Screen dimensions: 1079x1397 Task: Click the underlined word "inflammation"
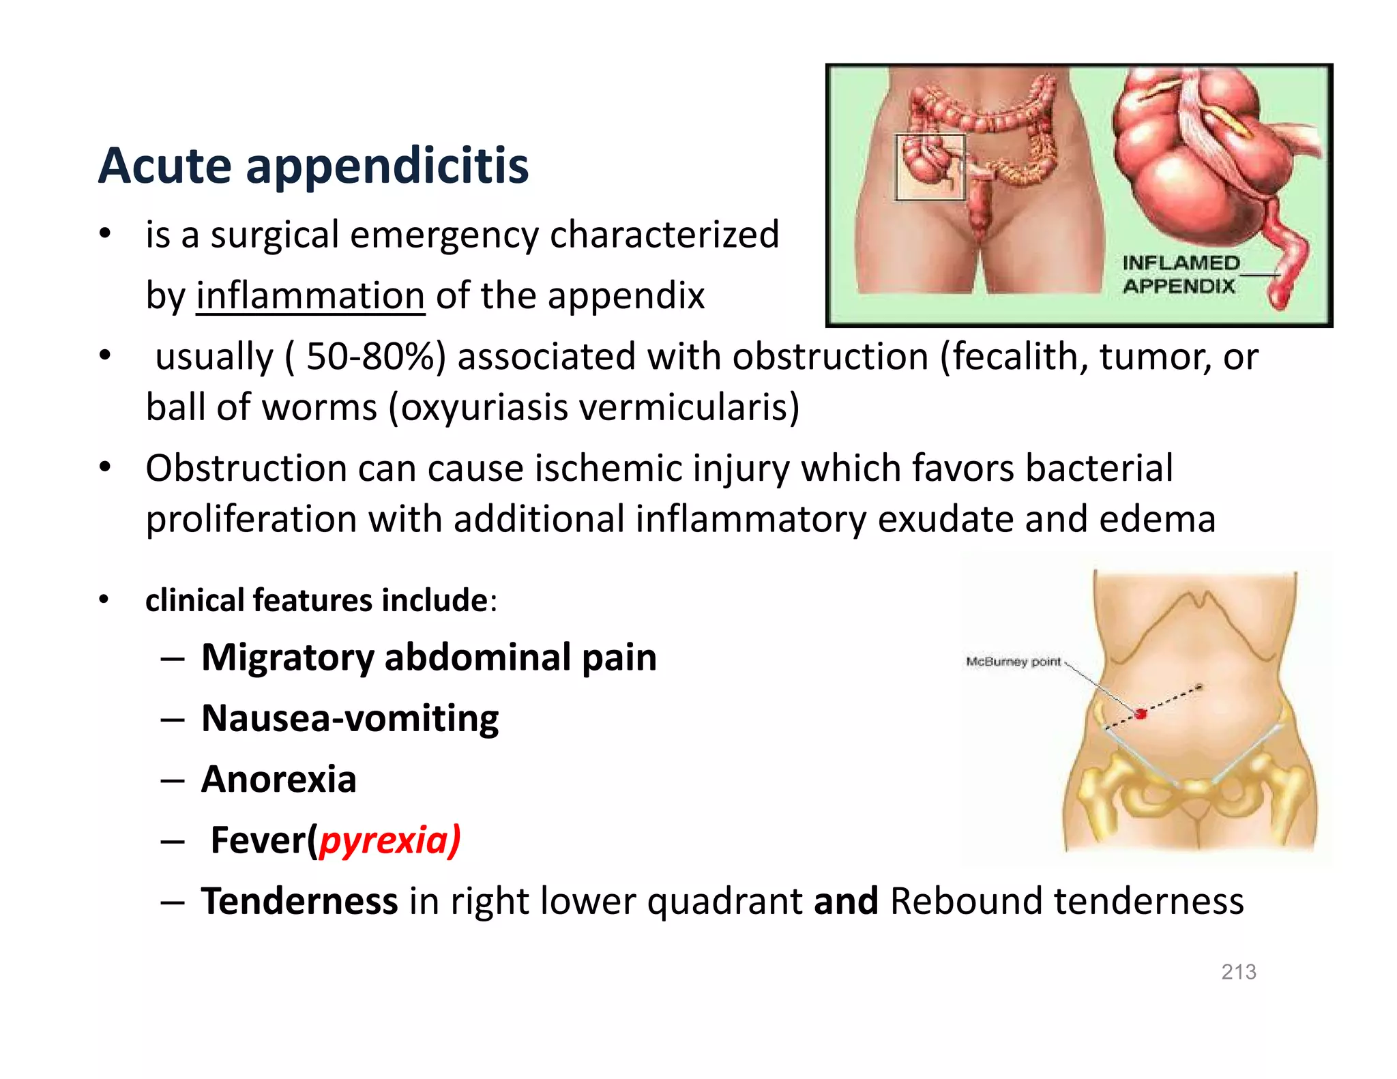[x=310, y=296]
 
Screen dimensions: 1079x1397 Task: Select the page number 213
[x=1238, y=972]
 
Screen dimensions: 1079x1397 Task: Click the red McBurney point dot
[x=1141, y=713]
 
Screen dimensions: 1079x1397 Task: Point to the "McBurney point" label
[x=1013, y=662]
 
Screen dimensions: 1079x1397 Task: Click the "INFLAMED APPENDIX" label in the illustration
[x=1180, y=274]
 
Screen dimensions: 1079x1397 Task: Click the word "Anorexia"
[x=278, y=779]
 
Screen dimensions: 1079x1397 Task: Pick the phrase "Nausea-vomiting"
[x=350, y=718]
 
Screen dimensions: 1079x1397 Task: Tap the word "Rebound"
[x=966, y=901]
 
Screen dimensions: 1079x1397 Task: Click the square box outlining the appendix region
[x=930, y=167]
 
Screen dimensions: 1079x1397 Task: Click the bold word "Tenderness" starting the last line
[x=299, y=901]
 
